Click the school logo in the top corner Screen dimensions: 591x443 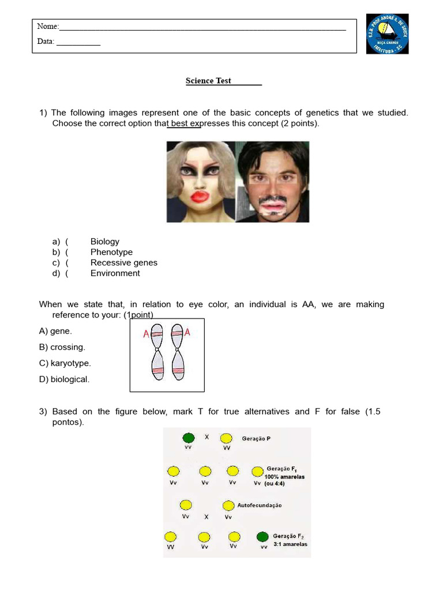point(387,34)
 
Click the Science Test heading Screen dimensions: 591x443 point(208,81)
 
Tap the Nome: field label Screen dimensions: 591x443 point(48,27)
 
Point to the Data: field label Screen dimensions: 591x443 point(46,42)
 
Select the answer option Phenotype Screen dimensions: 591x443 point(111,252)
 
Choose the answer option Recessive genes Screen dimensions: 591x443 point(123,263)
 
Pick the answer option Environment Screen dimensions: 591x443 point(115,273)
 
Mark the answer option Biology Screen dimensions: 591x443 point(104,242)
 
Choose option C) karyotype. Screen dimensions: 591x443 point(65,364)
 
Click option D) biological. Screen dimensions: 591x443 point(64,380)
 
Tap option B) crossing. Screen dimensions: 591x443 point(62,347)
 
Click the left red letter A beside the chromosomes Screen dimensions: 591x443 point(146,334)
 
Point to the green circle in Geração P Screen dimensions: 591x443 point(189,438)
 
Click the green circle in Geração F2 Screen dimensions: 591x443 point(262,537)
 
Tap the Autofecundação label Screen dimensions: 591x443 point(259,505)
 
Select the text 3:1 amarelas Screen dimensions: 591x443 point(290,544)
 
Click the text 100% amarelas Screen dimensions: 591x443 point(284,477)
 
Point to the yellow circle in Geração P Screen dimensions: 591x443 point(226,438)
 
